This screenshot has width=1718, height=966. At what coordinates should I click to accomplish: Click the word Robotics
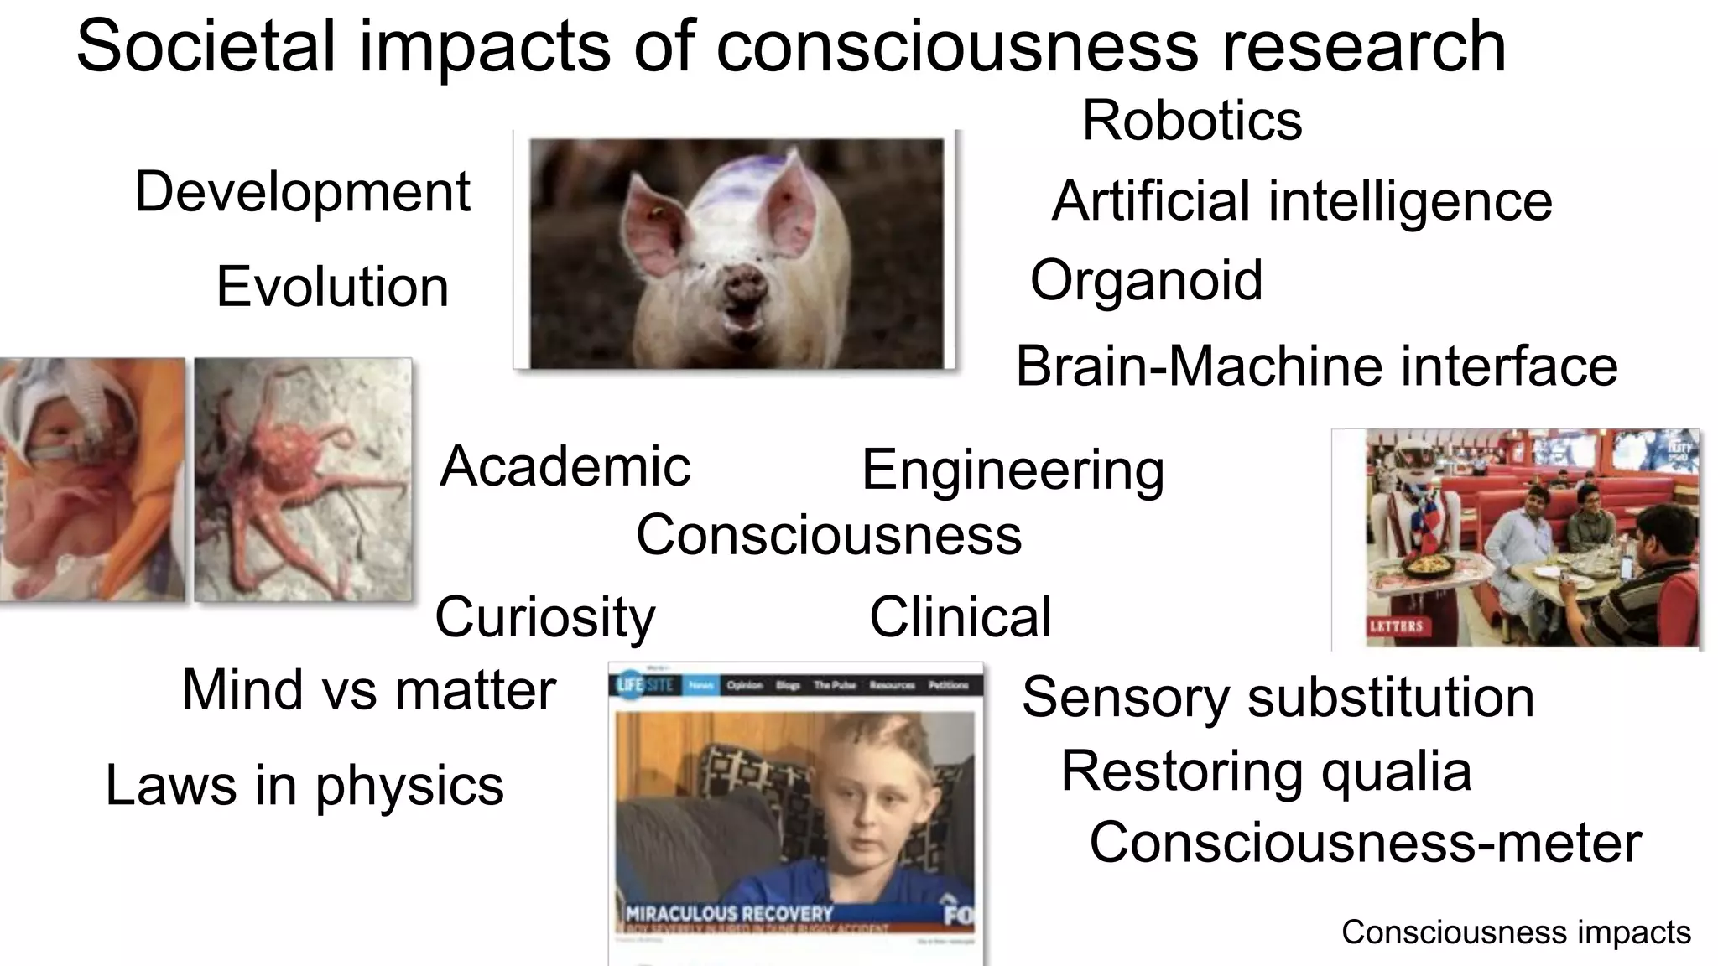click(1191, 121)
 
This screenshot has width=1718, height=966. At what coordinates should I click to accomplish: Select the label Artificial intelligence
click(1301, 201)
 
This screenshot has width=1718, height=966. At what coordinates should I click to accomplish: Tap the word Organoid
click(1146, 280)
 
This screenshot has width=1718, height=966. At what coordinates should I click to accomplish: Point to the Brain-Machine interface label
click(1316, 366)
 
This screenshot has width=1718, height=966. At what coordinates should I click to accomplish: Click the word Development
click(303, 192)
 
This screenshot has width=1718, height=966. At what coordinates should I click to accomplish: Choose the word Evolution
click(332, 287)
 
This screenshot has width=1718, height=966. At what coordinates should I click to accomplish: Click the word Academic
click(565, 466)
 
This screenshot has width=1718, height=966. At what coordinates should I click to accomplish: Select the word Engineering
click(1013, 470)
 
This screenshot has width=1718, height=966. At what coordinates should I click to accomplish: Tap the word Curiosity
click(544, 617)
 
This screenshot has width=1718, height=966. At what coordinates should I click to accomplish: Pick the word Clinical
click(960, 617)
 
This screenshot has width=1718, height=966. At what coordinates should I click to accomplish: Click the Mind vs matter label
click(369, 690)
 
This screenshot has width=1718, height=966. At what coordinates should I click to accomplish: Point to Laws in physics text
click(305, 786)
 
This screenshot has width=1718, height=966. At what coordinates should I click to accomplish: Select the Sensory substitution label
click(1278, 697)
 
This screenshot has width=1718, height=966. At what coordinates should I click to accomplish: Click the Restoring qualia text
click(1266, 771)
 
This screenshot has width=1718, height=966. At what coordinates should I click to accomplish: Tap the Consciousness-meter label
click(1365, 843)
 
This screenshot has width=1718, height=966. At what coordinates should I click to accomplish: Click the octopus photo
click(303, 480)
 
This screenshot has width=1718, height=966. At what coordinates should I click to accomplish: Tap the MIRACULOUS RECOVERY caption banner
click(730, 913)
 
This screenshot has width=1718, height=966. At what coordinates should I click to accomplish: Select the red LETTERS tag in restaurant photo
click(1396, 626)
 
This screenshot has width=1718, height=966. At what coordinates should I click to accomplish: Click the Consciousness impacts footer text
click(1515, 932)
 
